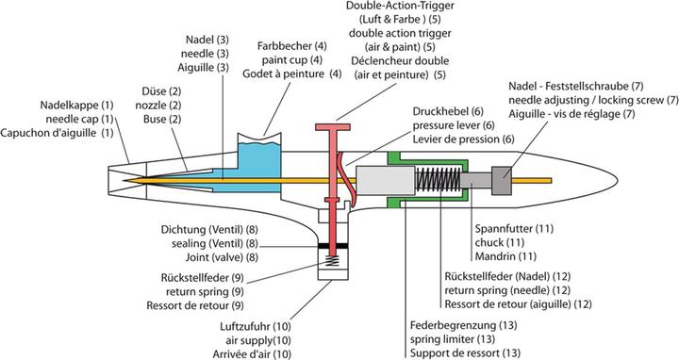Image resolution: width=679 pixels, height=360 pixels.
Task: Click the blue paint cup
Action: click(x=259, y=167)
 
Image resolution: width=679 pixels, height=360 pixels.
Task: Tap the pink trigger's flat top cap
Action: click(x=333, y=127)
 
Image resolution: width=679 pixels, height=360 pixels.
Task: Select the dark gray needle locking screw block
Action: click(x=502, y=180)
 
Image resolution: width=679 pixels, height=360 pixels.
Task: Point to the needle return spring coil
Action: click(x=438, y=180)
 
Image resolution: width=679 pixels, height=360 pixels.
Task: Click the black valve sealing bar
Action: click(x=333, y=246)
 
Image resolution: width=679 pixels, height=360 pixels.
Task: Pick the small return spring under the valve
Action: click(x=333, y=261)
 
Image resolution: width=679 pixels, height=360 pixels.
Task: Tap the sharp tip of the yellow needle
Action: click(x=123, y=180)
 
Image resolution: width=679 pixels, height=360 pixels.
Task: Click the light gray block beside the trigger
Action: click(x=385, y=180)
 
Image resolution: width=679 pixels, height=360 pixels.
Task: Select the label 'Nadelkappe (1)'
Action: click(x=76, y=106)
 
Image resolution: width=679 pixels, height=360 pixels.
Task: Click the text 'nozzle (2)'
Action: click(x=158, y=106)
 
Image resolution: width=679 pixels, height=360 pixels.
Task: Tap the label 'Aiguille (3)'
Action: click(x=203, y=68)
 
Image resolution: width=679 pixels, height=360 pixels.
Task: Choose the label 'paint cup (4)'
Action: click(x=291, y=59)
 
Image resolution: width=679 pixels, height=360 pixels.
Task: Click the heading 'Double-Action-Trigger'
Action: click(x=400, y=6)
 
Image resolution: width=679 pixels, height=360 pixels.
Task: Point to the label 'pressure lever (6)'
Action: click(x=454, y=125)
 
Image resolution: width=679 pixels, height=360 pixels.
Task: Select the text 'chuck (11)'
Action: click(x=500, y=242)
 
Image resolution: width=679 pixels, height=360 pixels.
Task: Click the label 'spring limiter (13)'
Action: click(x=453, y=339)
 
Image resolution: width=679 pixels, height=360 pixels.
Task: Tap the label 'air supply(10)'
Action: click(x=258, y=340)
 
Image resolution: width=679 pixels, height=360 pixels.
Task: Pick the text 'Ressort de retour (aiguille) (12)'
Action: click(x=518, y=304)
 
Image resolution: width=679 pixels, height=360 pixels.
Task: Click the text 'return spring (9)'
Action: click(x=205, y=291)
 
